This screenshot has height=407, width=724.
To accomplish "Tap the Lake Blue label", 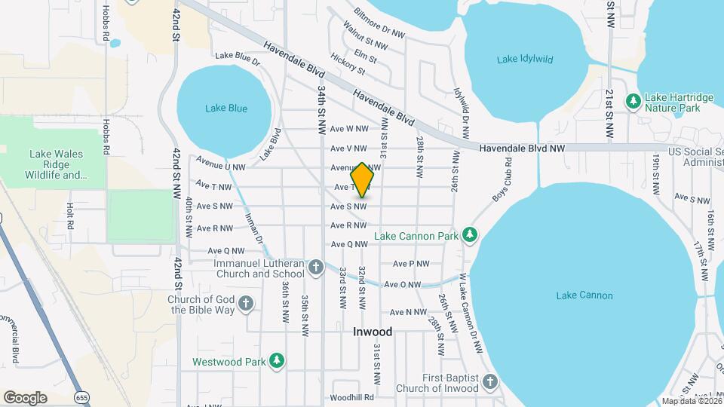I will coord(226,109).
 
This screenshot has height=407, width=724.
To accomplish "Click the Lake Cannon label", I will coord(584,295).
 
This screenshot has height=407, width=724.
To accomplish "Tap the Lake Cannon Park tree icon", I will coord(471,236).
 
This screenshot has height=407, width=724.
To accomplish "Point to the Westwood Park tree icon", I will coord(278,362).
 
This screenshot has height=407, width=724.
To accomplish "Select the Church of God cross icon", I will coord(245,304).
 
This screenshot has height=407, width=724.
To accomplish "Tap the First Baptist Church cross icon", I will coord(490,382).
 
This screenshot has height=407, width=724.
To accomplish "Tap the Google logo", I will coord(25,398).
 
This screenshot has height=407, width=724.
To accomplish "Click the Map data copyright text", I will coord(690,401).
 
